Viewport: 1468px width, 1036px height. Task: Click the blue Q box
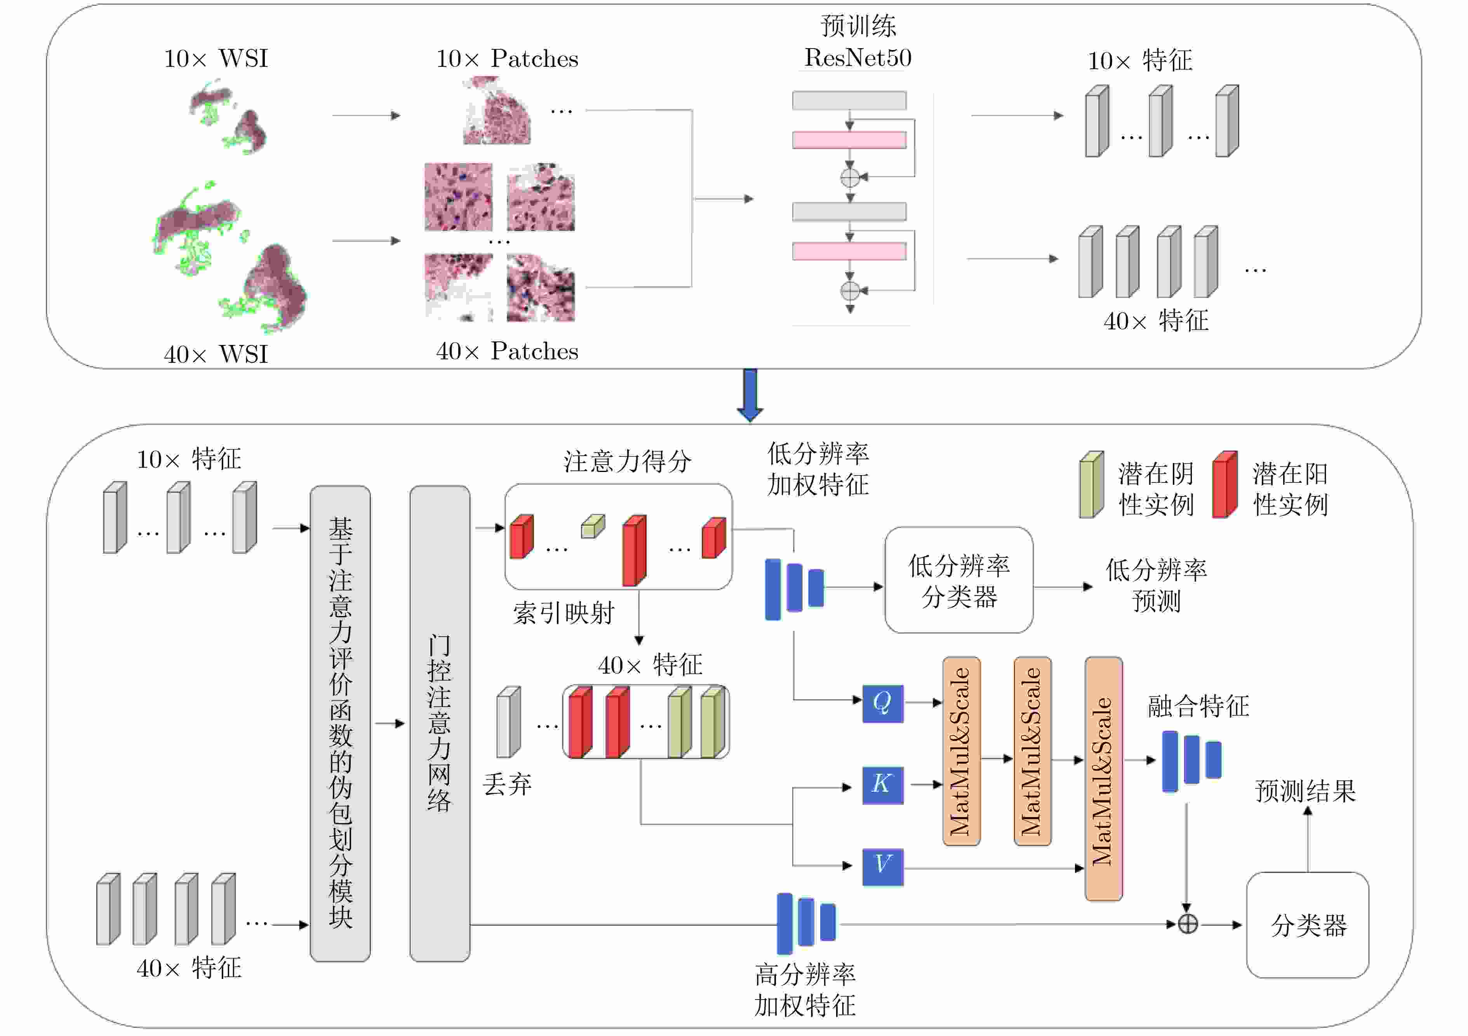pyautogui.click(x=882, y=703)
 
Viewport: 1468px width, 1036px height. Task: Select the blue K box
pyautogui.click(x=882, y=785)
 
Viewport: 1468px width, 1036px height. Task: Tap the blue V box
pyautogui.click(x=882, y=867)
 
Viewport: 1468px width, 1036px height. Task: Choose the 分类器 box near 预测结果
pyautogui.click(x=1308, y=925)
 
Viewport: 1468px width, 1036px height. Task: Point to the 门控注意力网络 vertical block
pyautogui.click(x=440, y=723)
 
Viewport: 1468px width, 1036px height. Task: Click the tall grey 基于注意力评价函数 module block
pyautogui.click(x=340, y=723)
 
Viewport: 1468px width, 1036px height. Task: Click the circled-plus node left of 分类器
pyautogui.click(x=1187, y=924)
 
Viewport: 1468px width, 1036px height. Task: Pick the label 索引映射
pyautogui.click(x=563, y=613)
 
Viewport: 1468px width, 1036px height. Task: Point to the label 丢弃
pyautogui.click(x=507, y=784)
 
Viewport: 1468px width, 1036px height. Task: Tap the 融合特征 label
pyautogui.click(x=1198, y=706)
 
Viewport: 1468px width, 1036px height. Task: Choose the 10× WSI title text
pyautogui.click(x=216, y=59)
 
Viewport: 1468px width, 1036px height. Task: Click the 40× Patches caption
pyautogui.click(x=507, y=351)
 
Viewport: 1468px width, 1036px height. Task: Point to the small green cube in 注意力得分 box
pyautogui.click(x=593, y=526)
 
